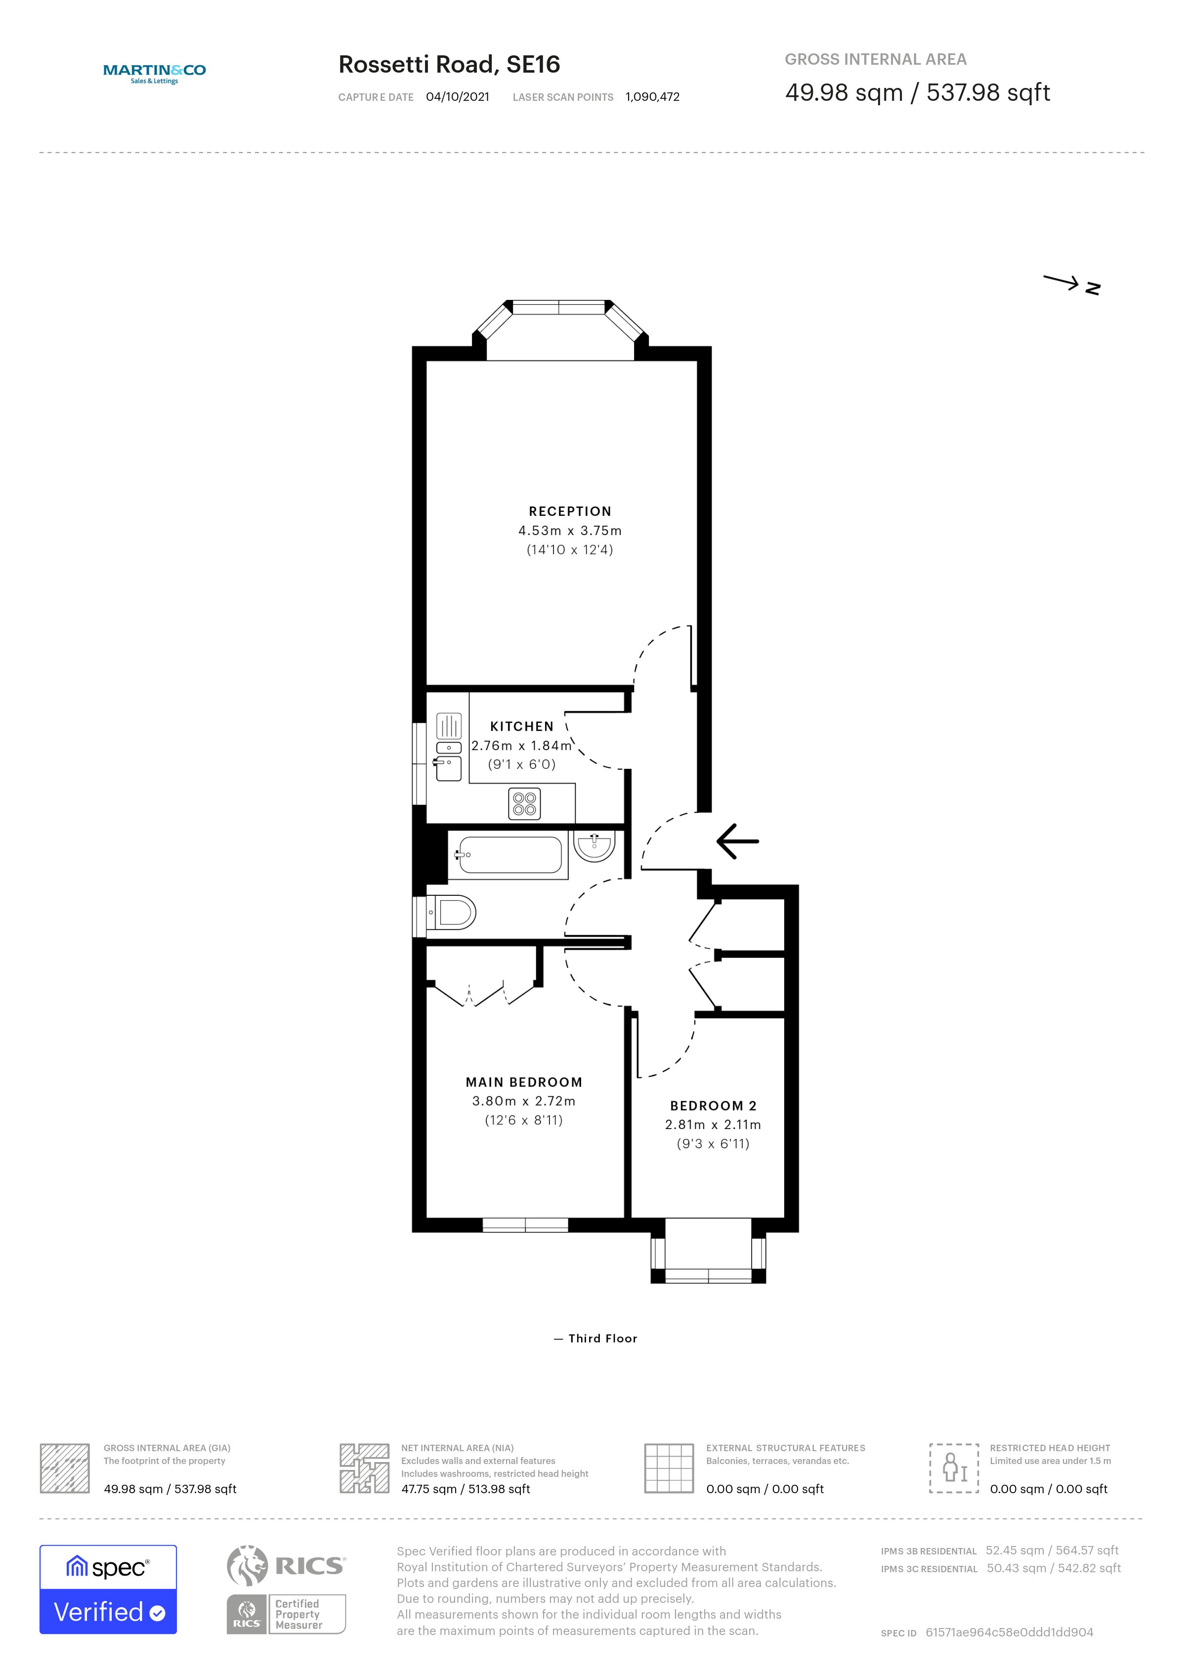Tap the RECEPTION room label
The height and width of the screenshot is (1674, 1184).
[570, 511]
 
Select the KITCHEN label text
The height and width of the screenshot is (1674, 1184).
[522, 726]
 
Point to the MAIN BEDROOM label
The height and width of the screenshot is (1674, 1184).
[524, 1082]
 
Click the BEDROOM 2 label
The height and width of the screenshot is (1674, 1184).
[714, 1105]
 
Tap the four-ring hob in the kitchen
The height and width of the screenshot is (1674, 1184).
[525, 803]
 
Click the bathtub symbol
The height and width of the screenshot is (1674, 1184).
[509, 854]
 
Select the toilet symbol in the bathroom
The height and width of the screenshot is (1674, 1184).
[451, 912]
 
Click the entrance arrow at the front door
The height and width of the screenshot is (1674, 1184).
[738, 841]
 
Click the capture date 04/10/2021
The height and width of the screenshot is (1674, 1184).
[458, 97]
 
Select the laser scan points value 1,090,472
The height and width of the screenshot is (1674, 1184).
[652, 97]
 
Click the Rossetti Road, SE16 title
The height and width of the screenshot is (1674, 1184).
[449, 64]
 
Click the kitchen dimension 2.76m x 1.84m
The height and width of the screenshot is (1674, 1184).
[521, 745]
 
